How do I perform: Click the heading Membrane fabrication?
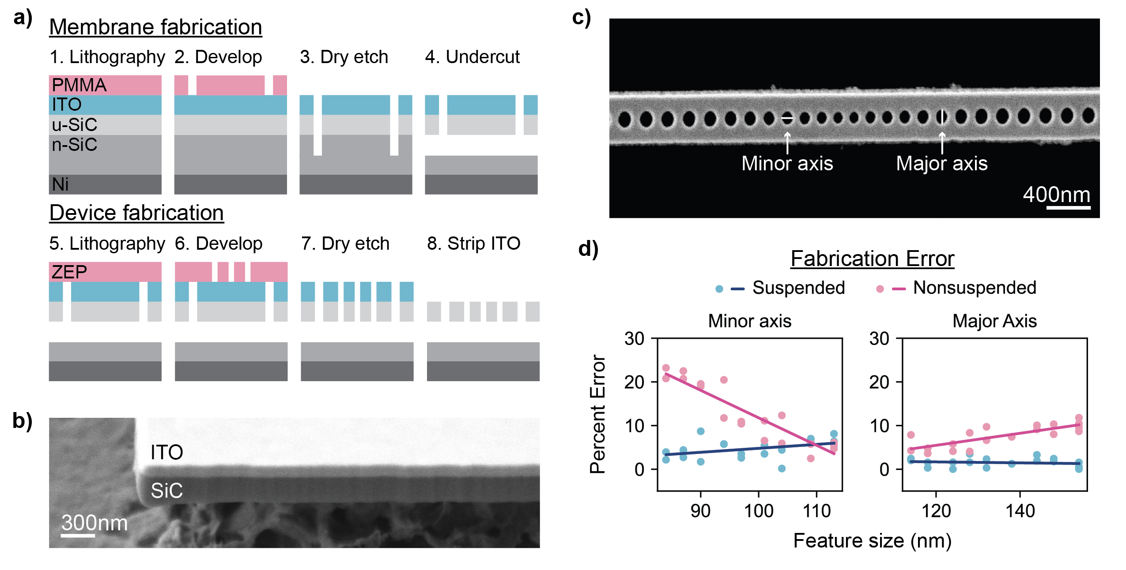tap(155, 27)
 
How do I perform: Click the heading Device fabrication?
tap(136, 213)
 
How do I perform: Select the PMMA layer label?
tap(79, 85)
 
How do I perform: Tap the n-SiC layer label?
tap(74, 145)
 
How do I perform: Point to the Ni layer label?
tap(60, 184)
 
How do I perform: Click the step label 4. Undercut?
tap(472, 57)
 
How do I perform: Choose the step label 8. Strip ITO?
tap(473, 244)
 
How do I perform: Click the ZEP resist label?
tap(69, 272)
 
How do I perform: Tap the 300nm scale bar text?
tap(94, 523)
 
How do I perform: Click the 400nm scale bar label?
tap(1056, 195)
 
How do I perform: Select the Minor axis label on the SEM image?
tap(787, 164)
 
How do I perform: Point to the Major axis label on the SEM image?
tap(941, 164)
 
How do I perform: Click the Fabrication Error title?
tap(872, 259)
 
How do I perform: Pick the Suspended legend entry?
tap(798, 288)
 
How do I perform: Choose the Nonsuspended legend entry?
tap(974, 288)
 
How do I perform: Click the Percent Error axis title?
tap(598, 414)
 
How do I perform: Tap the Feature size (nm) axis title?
tap(872, 541)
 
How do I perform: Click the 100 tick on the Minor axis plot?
tap(759, 511)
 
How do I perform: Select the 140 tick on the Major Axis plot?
tap(1020, 511)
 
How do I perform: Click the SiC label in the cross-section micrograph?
tap(166, 491)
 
